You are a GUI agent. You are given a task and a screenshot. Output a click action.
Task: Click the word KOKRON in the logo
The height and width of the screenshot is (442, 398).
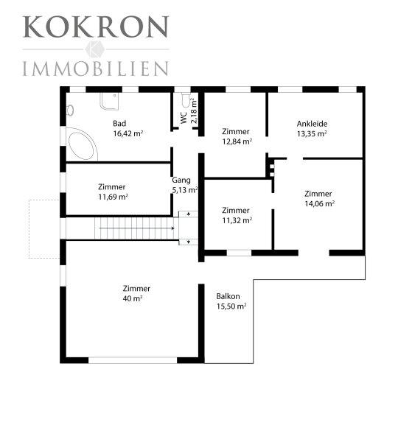[96, 27]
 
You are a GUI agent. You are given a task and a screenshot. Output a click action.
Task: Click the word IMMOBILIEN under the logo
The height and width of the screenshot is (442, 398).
[96, 69]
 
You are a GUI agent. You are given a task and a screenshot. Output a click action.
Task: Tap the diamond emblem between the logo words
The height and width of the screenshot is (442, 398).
[95, 49]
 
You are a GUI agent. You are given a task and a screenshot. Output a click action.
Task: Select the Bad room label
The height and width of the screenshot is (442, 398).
[119, 123]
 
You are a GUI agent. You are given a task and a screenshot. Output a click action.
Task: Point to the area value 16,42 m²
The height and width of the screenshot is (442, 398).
[128, 133]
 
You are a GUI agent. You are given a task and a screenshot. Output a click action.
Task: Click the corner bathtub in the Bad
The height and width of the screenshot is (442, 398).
[82, 144]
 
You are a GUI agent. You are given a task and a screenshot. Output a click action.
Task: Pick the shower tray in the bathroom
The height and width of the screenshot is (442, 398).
[109, 101]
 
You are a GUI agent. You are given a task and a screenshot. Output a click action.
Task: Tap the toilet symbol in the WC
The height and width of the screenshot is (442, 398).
[185, 99]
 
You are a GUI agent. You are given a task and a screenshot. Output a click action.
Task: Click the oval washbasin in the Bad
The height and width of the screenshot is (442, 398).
[70, 110]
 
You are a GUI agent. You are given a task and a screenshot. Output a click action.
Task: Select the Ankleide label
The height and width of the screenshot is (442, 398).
[312, 124]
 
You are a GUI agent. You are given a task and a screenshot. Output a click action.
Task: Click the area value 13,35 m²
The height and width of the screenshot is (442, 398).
[312, 133]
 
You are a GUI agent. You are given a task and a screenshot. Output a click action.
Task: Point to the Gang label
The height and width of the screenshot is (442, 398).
[181, 180]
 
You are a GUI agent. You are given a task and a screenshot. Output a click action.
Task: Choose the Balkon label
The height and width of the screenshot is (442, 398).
[228, 296]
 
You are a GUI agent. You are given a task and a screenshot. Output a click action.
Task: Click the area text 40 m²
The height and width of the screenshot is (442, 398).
[132, 298]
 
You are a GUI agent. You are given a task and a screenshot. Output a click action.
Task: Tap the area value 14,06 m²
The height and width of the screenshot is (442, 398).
[319, 203]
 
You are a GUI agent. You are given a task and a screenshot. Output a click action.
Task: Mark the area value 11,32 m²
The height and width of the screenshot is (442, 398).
[237, 220]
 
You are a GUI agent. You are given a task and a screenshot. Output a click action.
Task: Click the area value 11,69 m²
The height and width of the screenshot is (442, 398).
[113, 197]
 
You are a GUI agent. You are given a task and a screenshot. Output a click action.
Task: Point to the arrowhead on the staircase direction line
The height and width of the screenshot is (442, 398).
[172, 228]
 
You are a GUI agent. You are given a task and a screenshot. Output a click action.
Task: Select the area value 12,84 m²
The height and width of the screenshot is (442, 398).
[237, 141]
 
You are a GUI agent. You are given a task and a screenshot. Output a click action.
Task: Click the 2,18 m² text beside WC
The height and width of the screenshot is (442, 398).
[194, 110]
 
